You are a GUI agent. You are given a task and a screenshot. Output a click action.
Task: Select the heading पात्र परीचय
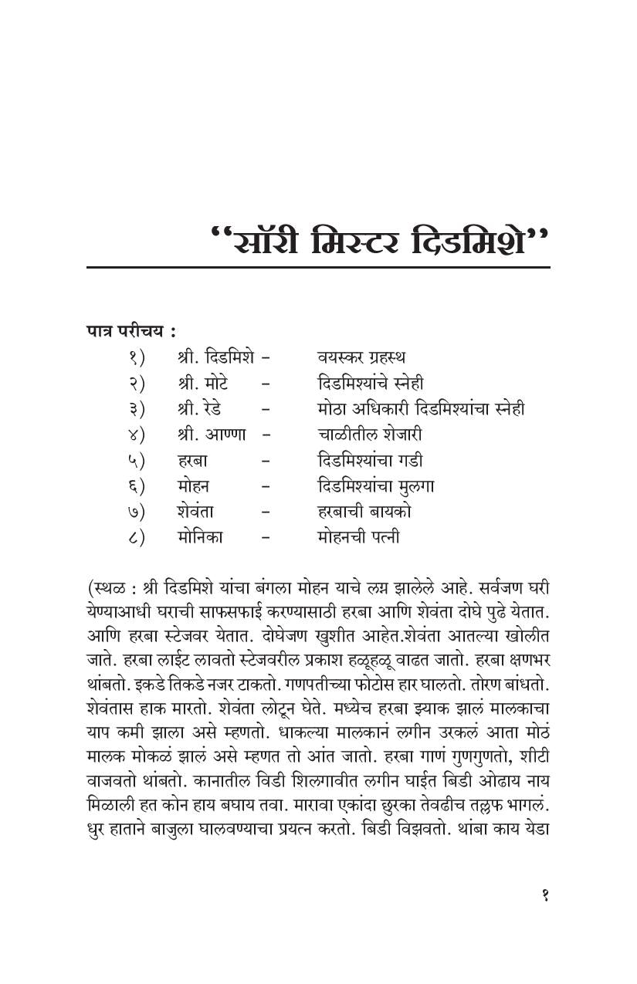(x=130, y=331)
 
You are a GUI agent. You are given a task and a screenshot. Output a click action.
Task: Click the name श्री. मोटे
(x=202, y=383)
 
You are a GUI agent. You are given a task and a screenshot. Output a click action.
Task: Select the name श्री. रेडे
(x=201, y=408)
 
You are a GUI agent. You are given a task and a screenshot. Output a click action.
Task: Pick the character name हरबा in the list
(x=192, y=461)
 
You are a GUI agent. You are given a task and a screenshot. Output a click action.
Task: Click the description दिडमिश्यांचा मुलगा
(x=375, y=486)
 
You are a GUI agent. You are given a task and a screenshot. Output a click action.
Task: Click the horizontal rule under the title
(x=318, y=268)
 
